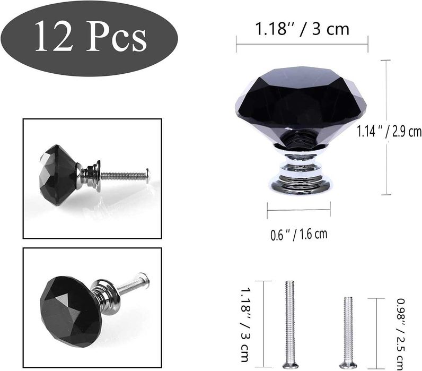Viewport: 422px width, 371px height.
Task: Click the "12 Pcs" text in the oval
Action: coord(91,38)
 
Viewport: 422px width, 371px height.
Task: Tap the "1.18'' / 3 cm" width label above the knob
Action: coord(302,29)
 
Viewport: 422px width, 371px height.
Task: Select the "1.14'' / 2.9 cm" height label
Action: coord(389,130)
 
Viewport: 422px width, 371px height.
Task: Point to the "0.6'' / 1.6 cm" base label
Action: coord(298,234)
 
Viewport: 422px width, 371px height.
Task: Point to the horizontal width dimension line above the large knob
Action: coord(302,44)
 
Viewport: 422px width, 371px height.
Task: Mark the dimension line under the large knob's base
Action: coord(298,210)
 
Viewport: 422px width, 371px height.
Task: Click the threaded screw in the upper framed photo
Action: coord(125,175)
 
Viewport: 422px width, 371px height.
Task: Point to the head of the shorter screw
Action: coord(348,365)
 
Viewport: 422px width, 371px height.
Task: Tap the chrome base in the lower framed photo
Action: coord(104,296)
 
